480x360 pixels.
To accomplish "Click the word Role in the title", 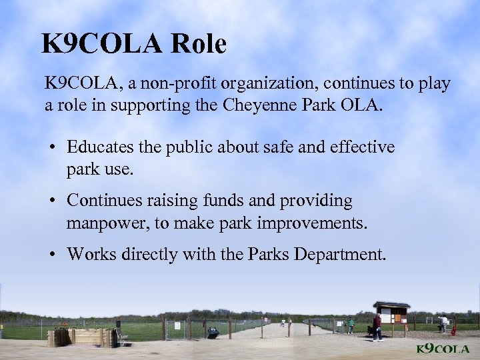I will coord(199,45).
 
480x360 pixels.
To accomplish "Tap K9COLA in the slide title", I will coord(101,45).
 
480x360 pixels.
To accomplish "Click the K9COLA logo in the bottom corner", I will coord(443,349).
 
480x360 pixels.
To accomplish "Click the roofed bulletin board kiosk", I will coord(391,313).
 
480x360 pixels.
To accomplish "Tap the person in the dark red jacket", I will coord(377,326).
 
